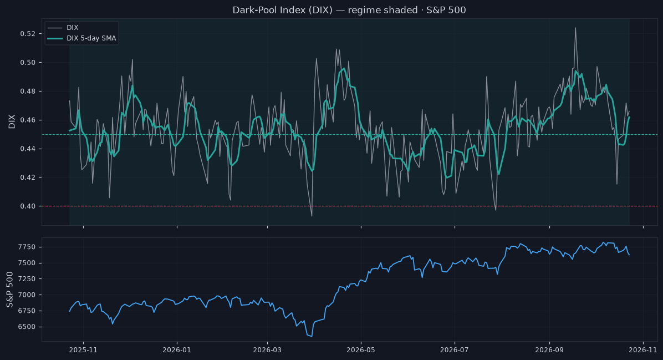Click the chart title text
(x=349, y=10)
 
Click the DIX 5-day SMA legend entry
(x=81, y=38)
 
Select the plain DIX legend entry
(x=63, y=28)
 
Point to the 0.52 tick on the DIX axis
(x=28, y=34)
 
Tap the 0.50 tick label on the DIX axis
(x=28, y=63)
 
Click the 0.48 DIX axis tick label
(x=28, y=92)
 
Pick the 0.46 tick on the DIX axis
(x=28, y=120)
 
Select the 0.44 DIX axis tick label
(x=28, y=149)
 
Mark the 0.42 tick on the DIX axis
(x=28, y=178)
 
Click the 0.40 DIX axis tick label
(x=28, y=206)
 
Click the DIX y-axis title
(x=12, y=121)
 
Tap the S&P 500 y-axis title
(x=10, y=290)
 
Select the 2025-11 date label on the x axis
(x=83, y=350)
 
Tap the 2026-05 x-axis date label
(x=361, y=350)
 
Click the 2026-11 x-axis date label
(x=643, y=350)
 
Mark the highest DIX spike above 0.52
(x=575, y=28)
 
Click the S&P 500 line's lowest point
(x=312, y=336)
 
